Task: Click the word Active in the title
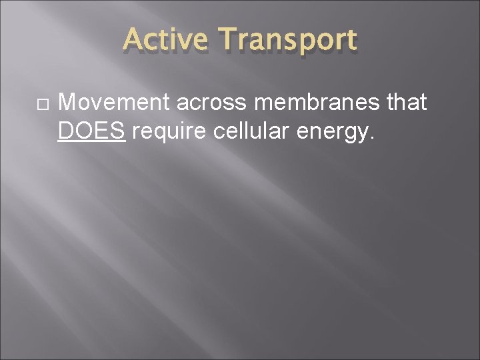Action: point(165,40)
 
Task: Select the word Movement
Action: point(114,103)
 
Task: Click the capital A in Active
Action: point(133,40)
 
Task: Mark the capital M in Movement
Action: point(67,103)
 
